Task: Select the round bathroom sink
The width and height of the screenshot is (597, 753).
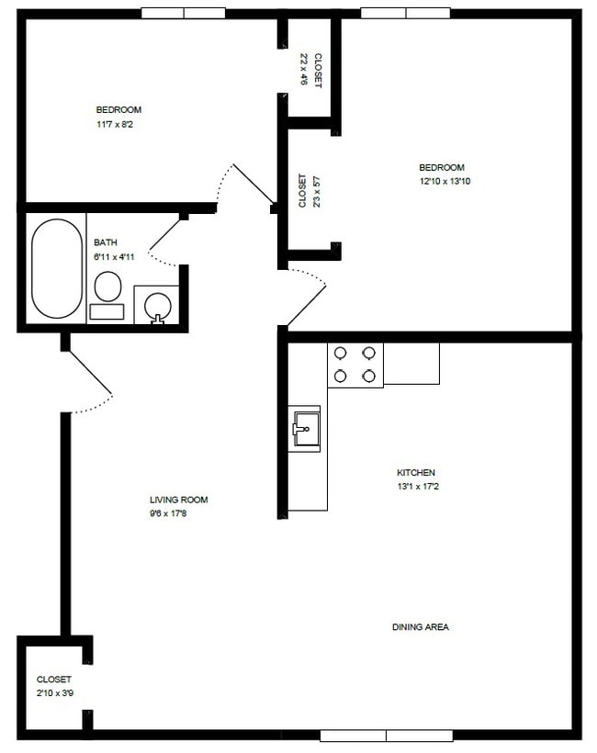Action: pos(157,306)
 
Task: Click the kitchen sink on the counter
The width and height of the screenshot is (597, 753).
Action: pos(306,427)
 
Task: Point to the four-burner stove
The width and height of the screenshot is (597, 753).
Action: pos(355,364)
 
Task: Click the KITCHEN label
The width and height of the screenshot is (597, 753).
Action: pos(417,473)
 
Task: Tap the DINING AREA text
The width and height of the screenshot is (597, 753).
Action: pos(420,627)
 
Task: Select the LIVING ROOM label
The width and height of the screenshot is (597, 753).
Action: pos(179,500)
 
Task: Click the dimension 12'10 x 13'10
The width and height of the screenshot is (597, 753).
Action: pos(442,181)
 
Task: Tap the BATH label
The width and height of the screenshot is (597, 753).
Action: pos(107,243)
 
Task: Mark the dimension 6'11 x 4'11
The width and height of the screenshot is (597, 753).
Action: pos(115,257)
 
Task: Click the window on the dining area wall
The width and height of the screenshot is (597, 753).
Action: pos(386,736)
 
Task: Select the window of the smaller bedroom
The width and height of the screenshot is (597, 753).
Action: pos(184,14)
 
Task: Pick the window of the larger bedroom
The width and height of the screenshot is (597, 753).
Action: pos(405,14)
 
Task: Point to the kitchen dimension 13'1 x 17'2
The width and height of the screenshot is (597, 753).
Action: pos(417,487)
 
